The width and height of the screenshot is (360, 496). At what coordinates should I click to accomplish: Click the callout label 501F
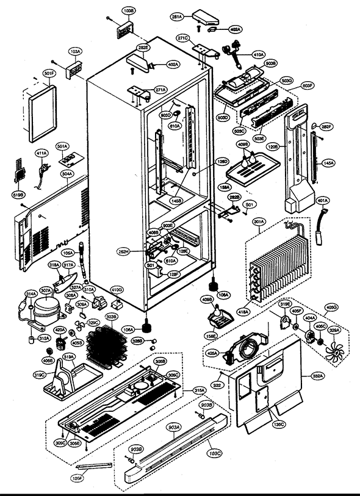point(49,74)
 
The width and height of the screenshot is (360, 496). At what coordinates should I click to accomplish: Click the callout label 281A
point(177,18)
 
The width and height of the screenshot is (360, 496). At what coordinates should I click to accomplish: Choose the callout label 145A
point(328,163)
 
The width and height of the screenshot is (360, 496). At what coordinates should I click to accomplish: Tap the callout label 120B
point(274,147)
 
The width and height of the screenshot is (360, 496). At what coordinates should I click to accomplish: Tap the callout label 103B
point(128,12)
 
